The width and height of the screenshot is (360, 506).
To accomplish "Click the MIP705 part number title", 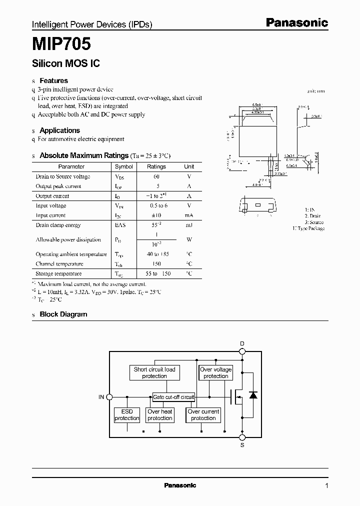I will [x=61, y=44].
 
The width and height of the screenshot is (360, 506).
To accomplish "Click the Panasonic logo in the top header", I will [x=296, y=22].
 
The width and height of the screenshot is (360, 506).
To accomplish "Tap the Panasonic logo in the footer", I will [x=180, y=485].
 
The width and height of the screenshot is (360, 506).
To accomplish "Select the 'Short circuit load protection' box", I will [x=154, y=372].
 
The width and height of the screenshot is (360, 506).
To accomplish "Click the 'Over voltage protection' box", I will [x=216, y=372].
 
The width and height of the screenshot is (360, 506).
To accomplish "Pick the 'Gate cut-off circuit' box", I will [x=173, y=397].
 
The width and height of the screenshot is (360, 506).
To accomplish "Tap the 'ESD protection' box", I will [x=127, y=415].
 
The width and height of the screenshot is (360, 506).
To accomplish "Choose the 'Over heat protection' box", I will [x=160, y=415].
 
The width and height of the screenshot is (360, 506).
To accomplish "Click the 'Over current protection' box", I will [x=203, y=415].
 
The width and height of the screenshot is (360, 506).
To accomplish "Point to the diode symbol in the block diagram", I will [x=253, y=395].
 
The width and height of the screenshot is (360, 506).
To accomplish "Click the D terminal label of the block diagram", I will [x=242, y=343].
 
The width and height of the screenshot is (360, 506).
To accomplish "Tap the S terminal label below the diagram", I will [x=242, y=444].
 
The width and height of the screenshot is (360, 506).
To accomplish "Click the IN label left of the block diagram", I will [x=101, y=397].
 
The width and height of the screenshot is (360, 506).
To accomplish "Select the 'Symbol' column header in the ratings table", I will [x=124, y=166].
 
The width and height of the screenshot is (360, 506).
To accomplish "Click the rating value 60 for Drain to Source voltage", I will [x=156, y=176].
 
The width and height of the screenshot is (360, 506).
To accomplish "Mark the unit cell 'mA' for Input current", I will [x=189, y=215].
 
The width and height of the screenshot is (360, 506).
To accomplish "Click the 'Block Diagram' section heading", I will [x=63, y=314].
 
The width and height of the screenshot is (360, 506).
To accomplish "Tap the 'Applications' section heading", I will [x=59, y=130].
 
